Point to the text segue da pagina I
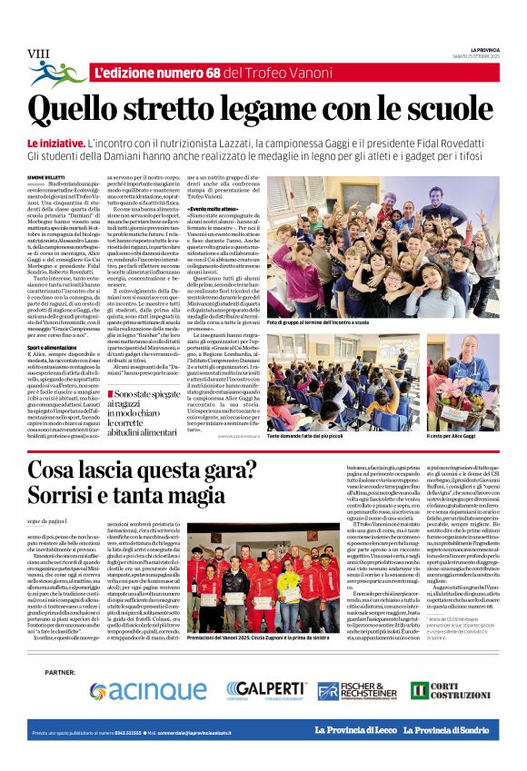(49, 519)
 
